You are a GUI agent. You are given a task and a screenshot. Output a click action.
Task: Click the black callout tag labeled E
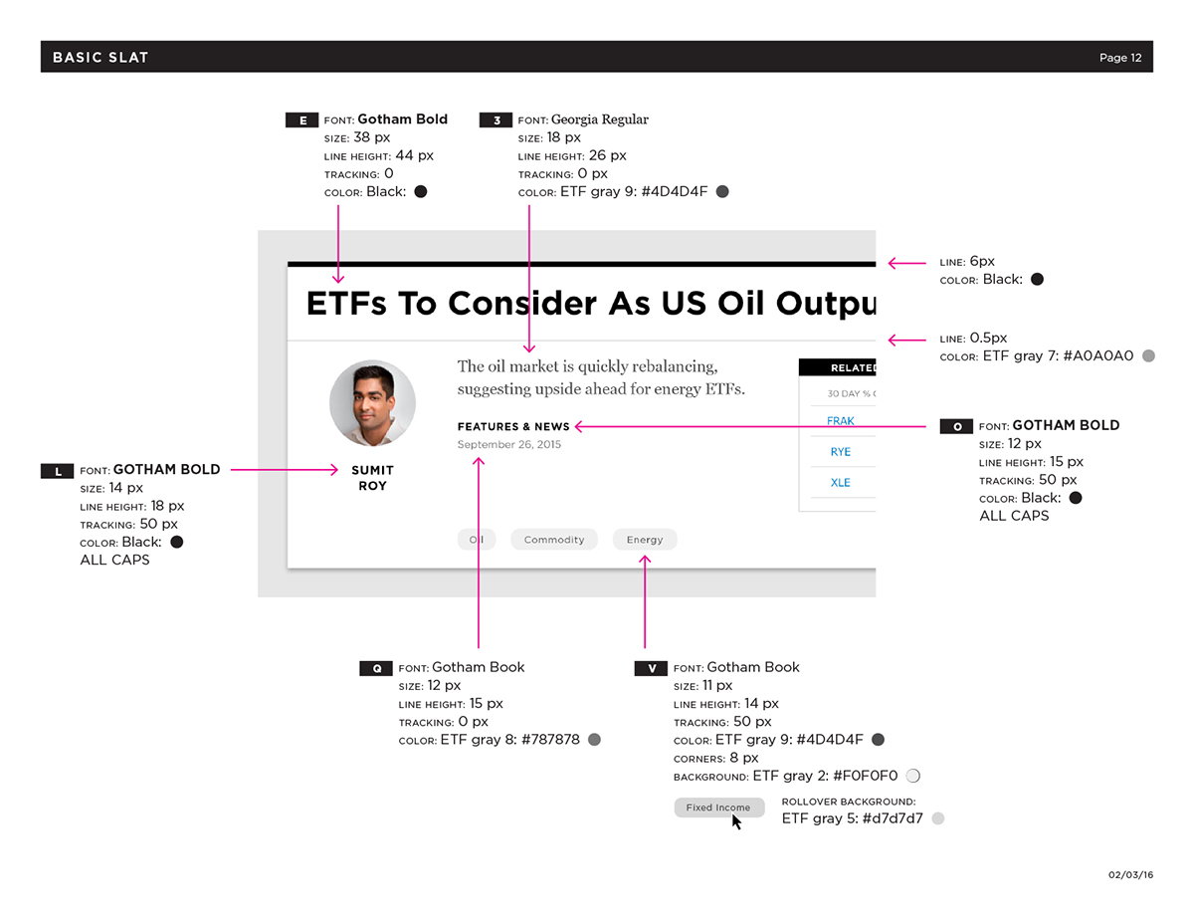[x=301, y=119]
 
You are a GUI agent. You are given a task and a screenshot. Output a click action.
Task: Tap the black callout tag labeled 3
[x=496, y=119]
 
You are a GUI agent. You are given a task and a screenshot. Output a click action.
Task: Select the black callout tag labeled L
[x=57, y=471]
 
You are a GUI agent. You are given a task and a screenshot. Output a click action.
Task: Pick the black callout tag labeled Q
[x=376, y=668]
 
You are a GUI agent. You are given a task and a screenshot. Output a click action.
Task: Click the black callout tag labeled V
[x=651, y=668]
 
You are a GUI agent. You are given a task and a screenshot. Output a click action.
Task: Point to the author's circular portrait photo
[x=372, y=403]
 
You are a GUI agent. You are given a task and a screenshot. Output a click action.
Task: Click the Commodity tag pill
[x=554, y=540]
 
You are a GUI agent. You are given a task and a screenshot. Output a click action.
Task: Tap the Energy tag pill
[x=645, y=540]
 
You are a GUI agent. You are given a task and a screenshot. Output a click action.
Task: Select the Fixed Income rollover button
[x=719, y=808]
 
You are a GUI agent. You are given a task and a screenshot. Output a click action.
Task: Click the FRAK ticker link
[x=840, y=421]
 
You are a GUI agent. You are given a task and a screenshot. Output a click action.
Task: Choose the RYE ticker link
[x=840, y=452]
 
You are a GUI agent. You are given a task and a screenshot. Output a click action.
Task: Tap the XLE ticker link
[x=840, y=483]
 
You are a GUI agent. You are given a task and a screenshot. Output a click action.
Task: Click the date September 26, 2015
[x=509, y=444]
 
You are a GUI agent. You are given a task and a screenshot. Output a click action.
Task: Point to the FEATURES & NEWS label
[x=513, y=426]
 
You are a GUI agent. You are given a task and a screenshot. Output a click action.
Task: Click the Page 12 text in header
[x=1120, y=58]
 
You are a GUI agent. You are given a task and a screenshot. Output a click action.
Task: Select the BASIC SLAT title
[x=100, y=57]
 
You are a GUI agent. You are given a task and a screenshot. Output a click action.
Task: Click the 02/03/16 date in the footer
[x=1130, y=874]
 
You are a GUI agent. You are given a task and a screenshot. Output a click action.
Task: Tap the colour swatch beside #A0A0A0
[x=1148, y=355]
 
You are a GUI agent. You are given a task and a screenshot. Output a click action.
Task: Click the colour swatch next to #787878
[x=594, y=740]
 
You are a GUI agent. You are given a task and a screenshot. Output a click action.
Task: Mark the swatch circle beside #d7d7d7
[x=938, y=818]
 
